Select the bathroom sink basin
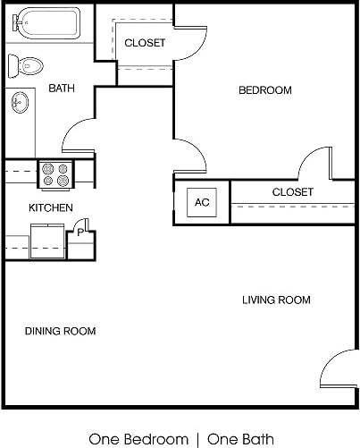(20, 104)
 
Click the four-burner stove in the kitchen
(55, 174)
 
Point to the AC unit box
(202, 202)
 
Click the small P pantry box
(81, 232)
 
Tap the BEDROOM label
(264, 90)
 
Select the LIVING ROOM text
(276, 300)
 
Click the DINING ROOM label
(60, 331)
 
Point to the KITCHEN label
(51, 207)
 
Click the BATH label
(62, 88)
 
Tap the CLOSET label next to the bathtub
(145, 43)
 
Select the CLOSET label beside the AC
(292, 192)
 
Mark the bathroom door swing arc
(77, 138)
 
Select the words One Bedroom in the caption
(138, 438)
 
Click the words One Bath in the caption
(242, 438)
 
